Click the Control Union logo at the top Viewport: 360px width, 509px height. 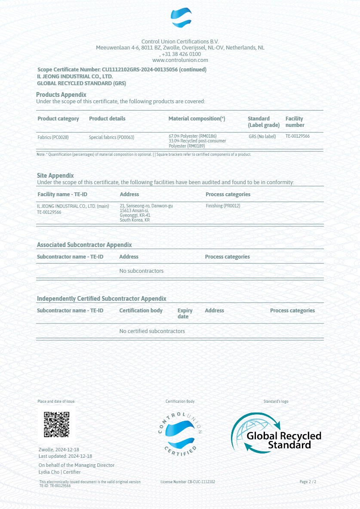tap(181, 19)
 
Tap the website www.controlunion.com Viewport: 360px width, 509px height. tap(180, 60)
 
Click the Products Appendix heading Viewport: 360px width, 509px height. tap(61, 95)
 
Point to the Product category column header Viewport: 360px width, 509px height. tap(58, 119)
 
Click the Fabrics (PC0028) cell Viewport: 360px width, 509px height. tap(53, 137)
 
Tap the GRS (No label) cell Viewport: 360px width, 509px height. tap(262, 136)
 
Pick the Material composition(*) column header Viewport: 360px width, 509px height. tap(197, 119)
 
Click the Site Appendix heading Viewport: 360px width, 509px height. tap(55, 176)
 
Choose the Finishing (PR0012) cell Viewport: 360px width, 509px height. tap(223, 206)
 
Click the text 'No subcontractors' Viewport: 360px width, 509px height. tap(141, 271)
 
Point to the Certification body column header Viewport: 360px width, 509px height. tap(141, 311)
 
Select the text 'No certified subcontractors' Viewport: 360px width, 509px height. tap(152, 331)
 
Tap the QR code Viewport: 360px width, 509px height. tap(56, 424)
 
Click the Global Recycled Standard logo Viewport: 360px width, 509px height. tap(276, 433)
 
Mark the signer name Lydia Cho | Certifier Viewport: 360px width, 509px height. tap(59, 472)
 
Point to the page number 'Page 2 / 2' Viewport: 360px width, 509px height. tap(308, 482)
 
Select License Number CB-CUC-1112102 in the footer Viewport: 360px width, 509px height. tap(188, 482)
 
